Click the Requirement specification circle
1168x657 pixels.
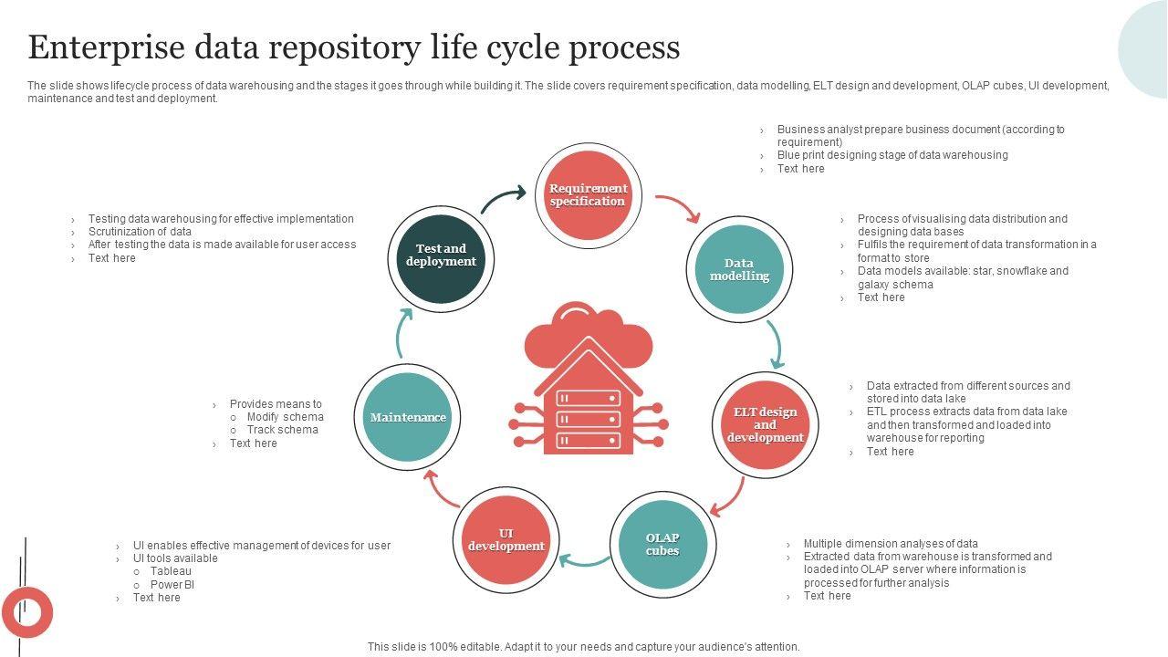pos(588,195)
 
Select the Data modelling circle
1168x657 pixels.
pos(739,270)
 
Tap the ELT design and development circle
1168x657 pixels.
pos(765,425)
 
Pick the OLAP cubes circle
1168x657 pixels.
pos(662,545)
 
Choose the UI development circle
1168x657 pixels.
pos(506,540)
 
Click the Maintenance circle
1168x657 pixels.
pos(408,417)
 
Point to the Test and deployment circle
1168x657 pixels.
pos(441,255)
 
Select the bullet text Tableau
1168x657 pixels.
pos(171,571)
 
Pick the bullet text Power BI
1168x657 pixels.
pos(172,585)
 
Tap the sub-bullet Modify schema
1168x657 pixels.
pos(285,417)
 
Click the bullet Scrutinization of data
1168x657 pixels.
pos(140,232)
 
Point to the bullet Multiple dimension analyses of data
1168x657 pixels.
pos(890,544)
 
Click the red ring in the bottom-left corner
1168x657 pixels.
pos(26,612)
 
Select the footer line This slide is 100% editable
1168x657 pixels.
pos(583,647)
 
